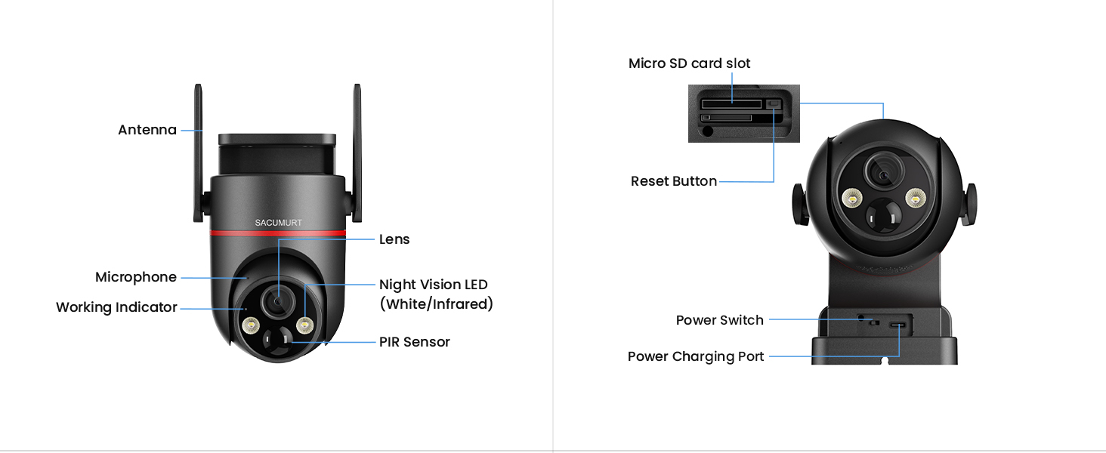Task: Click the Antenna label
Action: pos(147,130)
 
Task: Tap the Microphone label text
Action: pos(136,277)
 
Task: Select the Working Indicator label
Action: pos(116,307)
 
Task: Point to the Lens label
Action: pos(394,239)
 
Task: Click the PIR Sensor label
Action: pos(414,342)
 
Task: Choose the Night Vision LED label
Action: pos(434,285)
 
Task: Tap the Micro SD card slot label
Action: pos(689,63)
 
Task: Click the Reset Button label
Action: pos(673,181)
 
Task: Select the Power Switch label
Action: pos(719,320)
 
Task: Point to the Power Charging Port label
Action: pos(696,356)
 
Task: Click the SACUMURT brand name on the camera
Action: pos(277,223)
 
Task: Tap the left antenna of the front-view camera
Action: pos(199,151)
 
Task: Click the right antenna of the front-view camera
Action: pos(357,151)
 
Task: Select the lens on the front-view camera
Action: pos(278,300)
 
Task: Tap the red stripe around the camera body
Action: pos(277,233)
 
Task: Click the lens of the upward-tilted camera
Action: pos(882,174)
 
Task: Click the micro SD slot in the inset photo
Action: pos(731,103)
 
